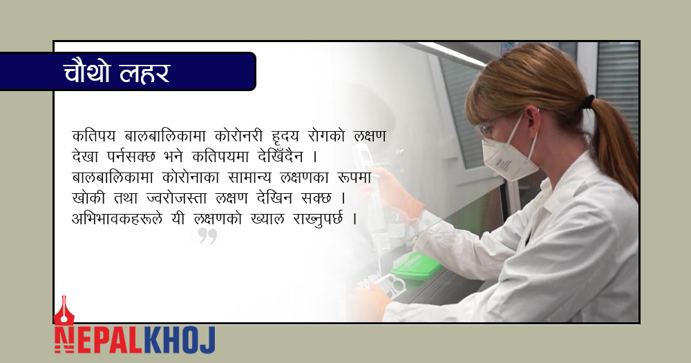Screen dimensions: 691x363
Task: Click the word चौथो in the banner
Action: (x=86, y=72)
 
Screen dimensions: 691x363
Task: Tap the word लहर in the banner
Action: (x=144, y=73)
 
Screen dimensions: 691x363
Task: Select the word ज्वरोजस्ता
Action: (x=176, y=198)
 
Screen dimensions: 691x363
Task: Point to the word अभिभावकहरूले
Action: (x=117, y=219)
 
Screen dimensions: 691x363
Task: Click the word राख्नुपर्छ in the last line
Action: (x=317, y=219)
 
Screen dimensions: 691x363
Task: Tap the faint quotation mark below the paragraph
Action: (x=207, y=236)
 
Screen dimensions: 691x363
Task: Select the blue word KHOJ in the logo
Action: (x=180, y=340)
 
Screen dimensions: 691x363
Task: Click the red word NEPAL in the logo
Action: (x=98, y=340)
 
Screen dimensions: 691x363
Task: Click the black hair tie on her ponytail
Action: (x=588, y=101)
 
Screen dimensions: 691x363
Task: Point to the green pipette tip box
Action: (x=416, y=266)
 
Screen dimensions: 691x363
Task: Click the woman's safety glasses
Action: (x=489, y=127)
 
